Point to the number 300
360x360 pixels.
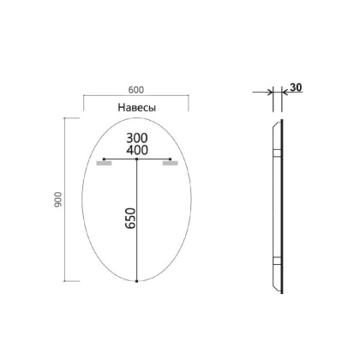coord(137,137)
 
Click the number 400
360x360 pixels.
coord(137,151)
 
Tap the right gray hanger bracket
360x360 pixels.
coord(170,165)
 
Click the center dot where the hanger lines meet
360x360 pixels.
coord(138,159)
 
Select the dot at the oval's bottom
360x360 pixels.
coord(138,280)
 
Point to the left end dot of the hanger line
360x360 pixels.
coord(104,159)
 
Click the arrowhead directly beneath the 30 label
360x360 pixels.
coord(281,96)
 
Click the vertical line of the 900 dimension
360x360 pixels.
coord(65,200)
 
